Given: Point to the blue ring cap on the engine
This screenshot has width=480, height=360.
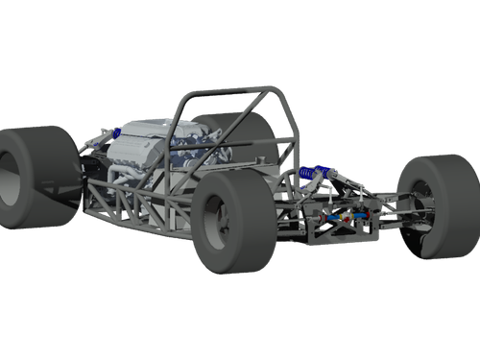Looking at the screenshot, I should [x=114, y=131].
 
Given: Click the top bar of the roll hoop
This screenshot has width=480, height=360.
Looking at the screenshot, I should [x=230, y=92].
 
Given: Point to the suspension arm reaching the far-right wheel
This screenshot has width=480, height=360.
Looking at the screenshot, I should [x=389, y=197].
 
